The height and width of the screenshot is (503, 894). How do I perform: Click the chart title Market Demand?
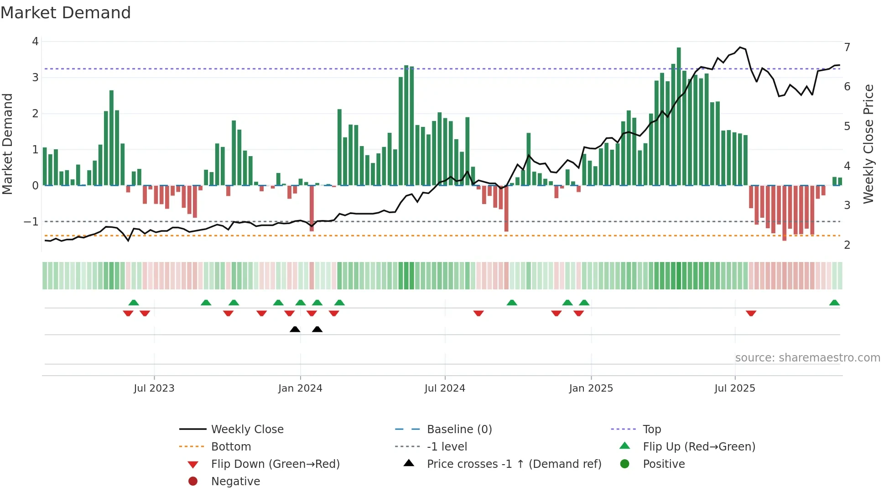[x=66, y=13]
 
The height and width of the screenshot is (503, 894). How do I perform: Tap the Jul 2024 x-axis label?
[x=445, y=388]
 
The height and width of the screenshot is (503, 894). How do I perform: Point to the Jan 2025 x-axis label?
[x=591, y=388]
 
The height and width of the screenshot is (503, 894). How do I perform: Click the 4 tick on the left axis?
[x=35, y=42]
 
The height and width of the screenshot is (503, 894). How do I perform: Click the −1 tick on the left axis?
[x=31, y=222]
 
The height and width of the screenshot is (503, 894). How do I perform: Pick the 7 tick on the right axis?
[x=847, y=47]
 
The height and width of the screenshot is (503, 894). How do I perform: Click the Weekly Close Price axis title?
[x=868, y=144]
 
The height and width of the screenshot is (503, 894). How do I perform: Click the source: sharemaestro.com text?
[x=807, y=358]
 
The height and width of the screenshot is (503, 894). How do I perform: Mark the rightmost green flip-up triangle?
[x=834, y=303]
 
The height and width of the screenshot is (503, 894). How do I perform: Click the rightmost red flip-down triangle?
[x=751, y=313]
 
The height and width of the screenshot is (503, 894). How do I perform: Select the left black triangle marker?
[x=295, y=329]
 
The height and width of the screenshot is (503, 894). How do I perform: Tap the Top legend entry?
[x=651, y=430]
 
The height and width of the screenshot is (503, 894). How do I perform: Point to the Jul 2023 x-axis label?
[x=154, y=388]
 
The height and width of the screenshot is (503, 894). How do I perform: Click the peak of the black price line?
[x=740, y=47]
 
